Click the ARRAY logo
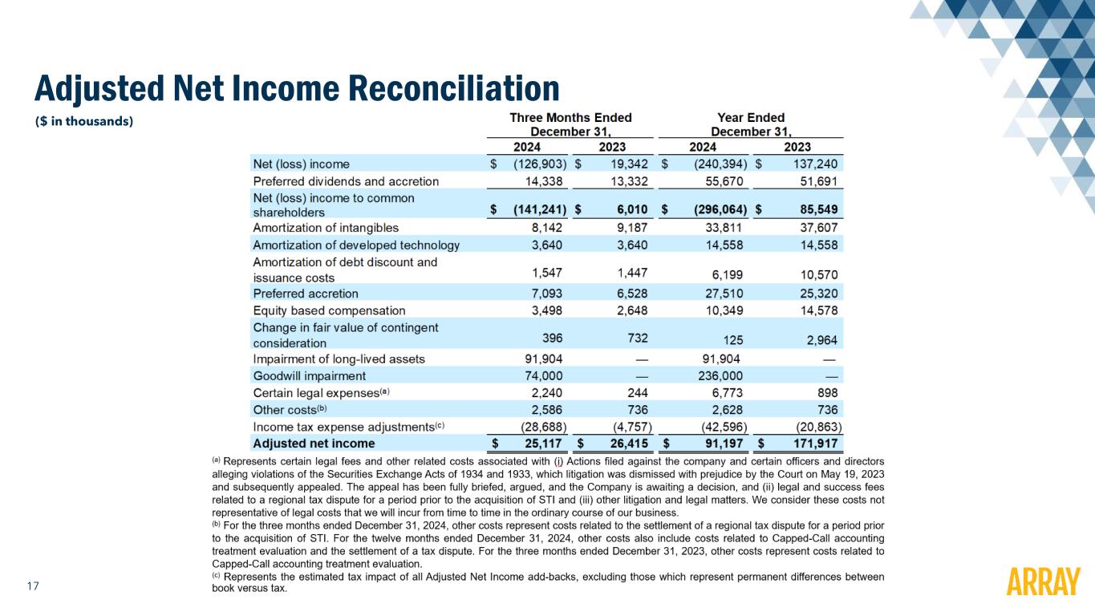(x=1043, y=582)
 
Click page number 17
(x=33, y=586)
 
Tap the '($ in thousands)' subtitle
(x=83, y=122)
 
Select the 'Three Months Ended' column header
(x=570, y=118)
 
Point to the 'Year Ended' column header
(x=751, y=118)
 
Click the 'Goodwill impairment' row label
(x=309, y=375)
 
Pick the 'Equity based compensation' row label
(x=329, y=310)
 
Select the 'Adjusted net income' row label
(x=314, y=443)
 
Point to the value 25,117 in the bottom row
(x=541, y=443)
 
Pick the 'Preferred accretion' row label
(x=306, y=294)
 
